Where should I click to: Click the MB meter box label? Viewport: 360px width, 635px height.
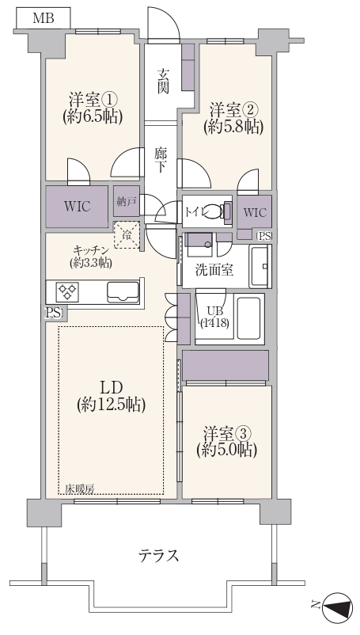(x=44, y=18)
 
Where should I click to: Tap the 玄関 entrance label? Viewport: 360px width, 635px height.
(x=163, y=82)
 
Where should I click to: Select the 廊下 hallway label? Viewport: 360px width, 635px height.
(x=160, y=160)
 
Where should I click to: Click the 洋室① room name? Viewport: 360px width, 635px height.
(x=93, y=100)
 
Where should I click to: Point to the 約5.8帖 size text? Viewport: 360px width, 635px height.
(x=233, y=127)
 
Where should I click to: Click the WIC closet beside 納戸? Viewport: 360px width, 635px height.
(x=77, y=207)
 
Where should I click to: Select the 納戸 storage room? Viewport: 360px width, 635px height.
(x=127, y=202)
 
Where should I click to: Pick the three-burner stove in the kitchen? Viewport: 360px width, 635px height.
(x=67, y=291)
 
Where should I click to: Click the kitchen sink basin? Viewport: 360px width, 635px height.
(x=123, y=292)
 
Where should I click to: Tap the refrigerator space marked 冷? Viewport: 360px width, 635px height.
(x=127, y=235)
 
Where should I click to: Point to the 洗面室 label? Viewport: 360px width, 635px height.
(x=214, y=270)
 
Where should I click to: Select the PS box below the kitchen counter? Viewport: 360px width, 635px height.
(x=54, y=313)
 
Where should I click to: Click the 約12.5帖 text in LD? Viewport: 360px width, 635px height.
(x=112, y=404)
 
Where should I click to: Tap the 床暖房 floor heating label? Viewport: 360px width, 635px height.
(x=80, y=489)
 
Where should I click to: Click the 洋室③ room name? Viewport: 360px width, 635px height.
(x=226, y=434)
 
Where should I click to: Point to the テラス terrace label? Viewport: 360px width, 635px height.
(x=158, y=556)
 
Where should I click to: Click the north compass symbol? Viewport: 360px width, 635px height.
(x=339, y=606)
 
